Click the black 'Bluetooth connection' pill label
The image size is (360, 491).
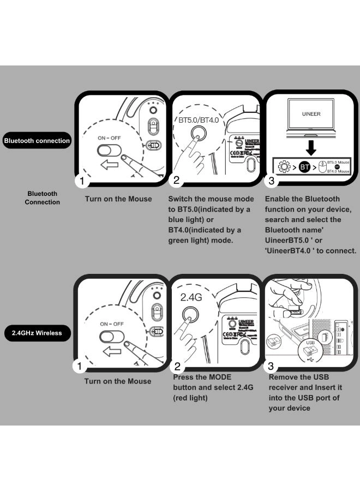37,141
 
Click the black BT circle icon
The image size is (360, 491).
305,167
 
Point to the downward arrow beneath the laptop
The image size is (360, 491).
310,147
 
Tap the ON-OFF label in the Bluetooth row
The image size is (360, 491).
109,138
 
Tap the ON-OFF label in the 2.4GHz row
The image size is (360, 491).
111,324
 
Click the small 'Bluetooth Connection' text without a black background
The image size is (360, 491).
42,198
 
